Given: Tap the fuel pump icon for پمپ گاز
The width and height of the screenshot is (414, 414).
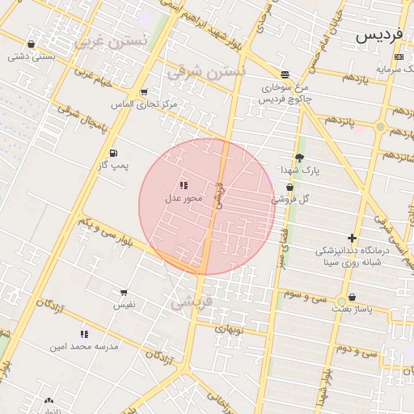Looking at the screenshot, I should pos(112,153).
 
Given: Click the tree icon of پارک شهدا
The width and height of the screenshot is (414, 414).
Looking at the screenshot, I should pos(300,158).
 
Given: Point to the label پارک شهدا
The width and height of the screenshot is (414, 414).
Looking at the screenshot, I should pos(301,171).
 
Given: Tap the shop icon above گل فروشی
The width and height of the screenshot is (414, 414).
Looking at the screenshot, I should pos(289,187).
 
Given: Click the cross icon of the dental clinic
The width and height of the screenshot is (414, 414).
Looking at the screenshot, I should pos(352,238).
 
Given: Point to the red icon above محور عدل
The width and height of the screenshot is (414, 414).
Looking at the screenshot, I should pos(184,185).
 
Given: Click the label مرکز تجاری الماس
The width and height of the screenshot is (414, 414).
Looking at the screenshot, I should pos(145,105).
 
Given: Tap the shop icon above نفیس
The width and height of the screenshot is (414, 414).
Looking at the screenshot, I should pos(124,293).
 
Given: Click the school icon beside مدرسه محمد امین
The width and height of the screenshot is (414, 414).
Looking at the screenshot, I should pos(84,334).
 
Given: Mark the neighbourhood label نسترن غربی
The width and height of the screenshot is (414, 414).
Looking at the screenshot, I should pos(111,41).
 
